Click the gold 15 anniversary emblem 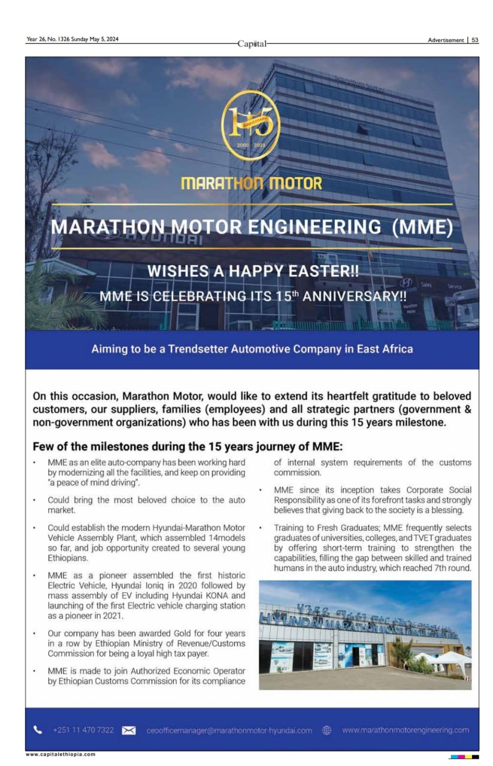click(x=251, y=126)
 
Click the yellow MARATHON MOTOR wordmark click(x=251, y=183)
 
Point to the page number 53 click(x=474, y=41)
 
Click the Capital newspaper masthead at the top click(x=251, y=44)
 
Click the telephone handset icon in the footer click(x=38, y=729)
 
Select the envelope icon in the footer click(x=129, y=730)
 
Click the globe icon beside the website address click(x=327, y=730)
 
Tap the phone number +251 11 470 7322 click(x=83, y=730)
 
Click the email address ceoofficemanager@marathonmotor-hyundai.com click(x=229, y=730)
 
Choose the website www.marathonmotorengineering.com click(x=406, y=730)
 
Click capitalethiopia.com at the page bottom click(x=61, y=754)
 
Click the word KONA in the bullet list click(x=214, y=595)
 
